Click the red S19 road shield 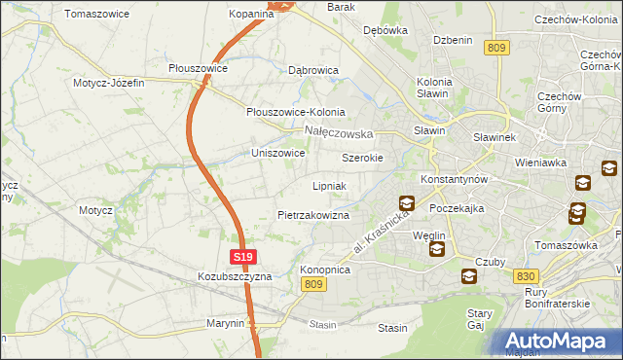243,257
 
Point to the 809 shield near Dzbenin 496,47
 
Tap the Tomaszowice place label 97,14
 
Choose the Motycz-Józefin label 108,83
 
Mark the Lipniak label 330,185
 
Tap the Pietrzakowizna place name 312,214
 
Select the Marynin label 225,322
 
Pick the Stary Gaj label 479,319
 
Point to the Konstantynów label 459,180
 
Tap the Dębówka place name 385,30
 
